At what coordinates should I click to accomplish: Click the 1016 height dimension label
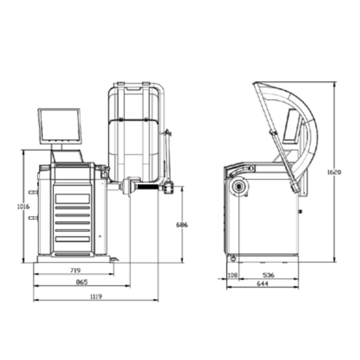[23, 207]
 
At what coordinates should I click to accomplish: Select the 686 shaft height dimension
[182, 225]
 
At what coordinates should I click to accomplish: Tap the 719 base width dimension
[75, 271]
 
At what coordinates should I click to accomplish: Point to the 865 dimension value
[82, 282]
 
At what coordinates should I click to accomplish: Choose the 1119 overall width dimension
[96, 297]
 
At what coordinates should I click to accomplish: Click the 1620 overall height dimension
[334, 172]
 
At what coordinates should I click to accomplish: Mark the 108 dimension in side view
[233, 275]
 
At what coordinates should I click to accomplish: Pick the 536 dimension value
[268, 275]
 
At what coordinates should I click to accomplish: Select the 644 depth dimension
[263, 284]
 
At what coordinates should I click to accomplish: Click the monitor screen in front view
[60, 126]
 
